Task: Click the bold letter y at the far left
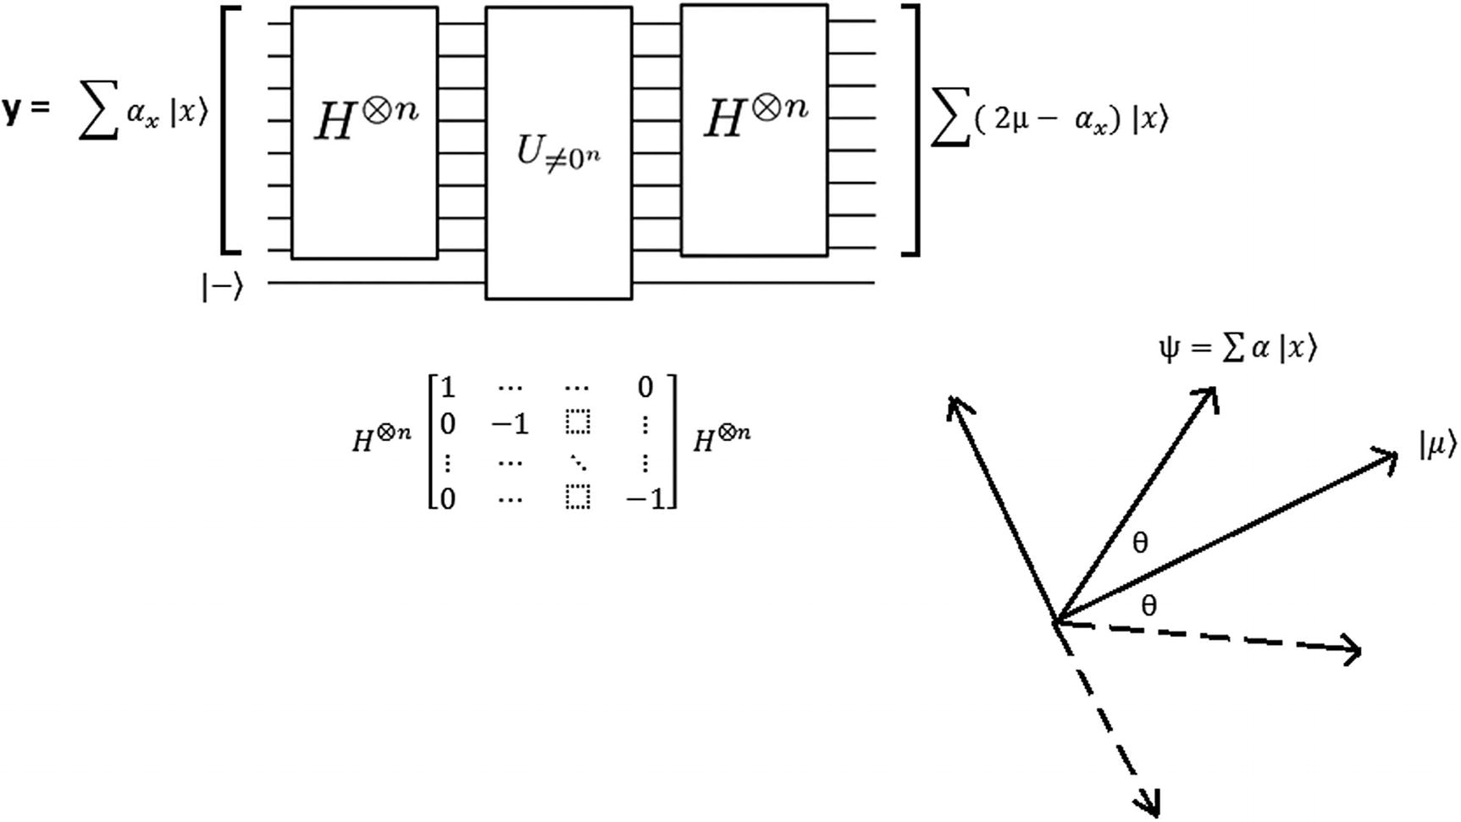click(x=12, y=110)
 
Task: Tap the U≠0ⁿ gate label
click(x=558, y=153)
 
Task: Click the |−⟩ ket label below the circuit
click(x=222, y=287)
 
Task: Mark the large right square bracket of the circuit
click(x=912, y=129)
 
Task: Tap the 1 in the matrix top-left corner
click(x=448, y=388)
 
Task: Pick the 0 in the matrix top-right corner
click(x=645, y=388)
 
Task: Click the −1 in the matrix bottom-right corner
click(x=649, y=499)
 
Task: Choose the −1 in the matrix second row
click(x=511, y=423)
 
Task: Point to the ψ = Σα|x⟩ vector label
click(x=1237, y=348)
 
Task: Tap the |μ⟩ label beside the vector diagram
click(x=1437, y=445)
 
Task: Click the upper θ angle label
click(x=1141, y=543)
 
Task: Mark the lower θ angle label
click(x=1148, y=605)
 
